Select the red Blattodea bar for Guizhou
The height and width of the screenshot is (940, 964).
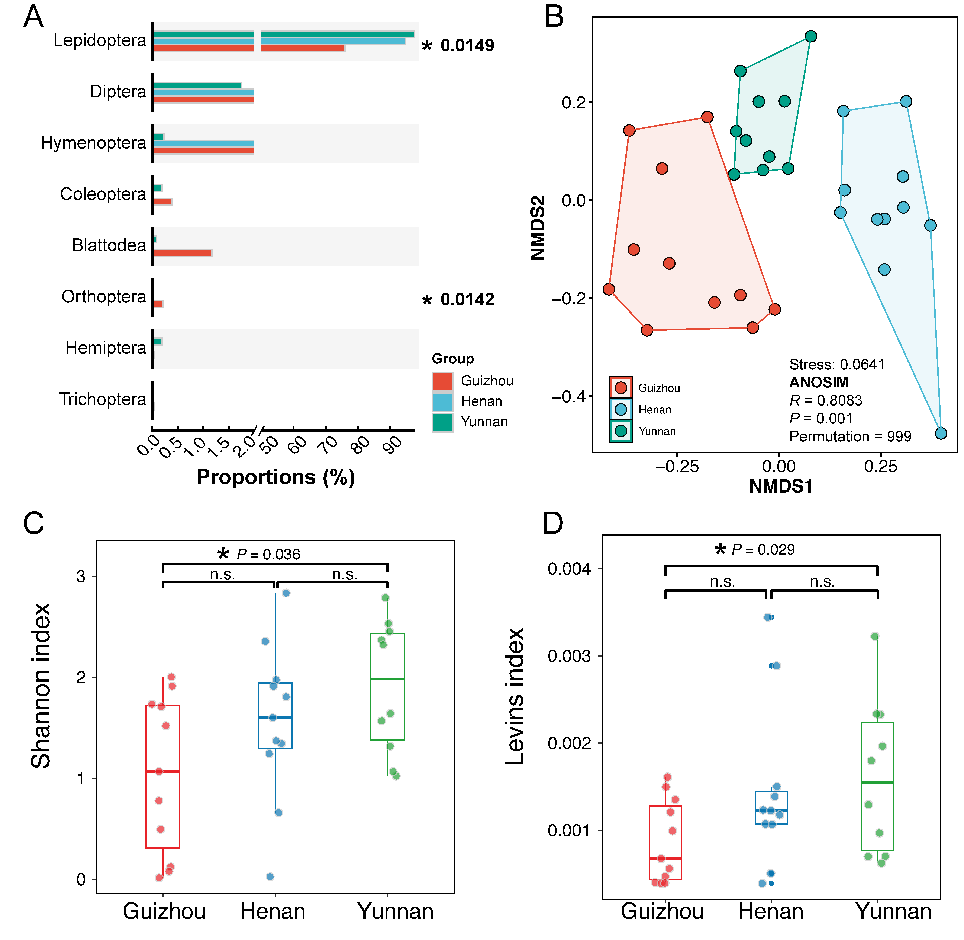coord(183,253)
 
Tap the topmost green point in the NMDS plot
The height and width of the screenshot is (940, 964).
coord(811,36)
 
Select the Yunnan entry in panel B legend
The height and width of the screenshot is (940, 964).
coord(657,431)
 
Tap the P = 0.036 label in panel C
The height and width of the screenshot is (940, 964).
coord(268,554)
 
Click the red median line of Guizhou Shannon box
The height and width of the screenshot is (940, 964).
coord(163,771)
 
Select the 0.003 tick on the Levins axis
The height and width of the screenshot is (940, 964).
coord(569,656)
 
